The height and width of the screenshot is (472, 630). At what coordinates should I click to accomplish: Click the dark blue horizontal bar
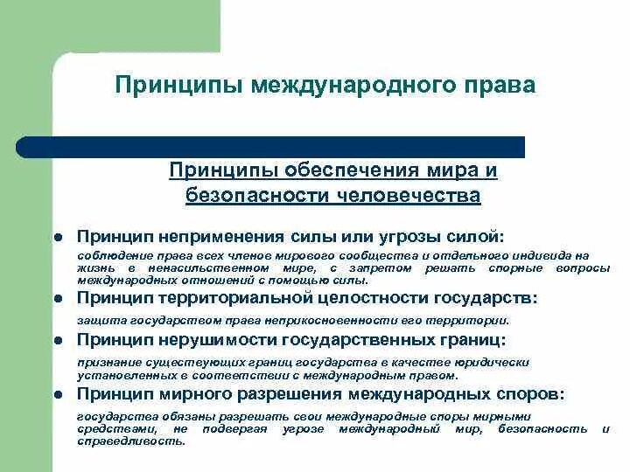(271, 147)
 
